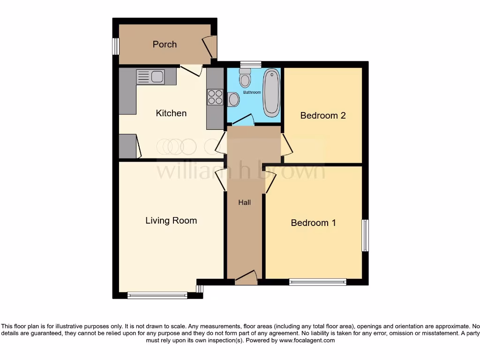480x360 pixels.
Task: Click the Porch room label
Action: click(x=165, y=45)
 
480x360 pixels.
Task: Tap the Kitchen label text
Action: click(x=171, y=113)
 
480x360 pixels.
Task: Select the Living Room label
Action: click(x=171, y=220)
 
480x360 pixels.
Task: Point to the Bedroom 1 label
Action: click(x=313, y=223)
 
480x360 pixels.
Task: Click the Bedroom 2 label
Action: click(x=323, y=115)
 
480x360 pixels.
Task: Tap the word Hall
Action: click(x=244, y=202)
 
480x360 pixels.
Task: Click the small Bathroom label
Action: click(x=252, y=92)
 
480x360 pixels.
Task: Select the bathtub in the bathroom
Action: click(x=271, y=93)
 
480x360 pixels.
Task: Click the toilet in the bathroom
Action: click(x=245, y=78)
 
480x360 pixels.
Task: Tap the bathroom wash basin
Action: click(x=233, y=99)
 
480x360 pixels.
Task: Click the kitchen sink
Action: click(x=150, y=76)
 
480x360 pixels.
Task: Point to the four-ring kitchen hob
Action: click(x=215, y=97)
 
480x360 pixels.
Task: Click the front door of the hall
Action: click(x=246, y=278)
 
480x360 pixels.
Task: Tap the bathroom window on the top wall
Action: click(x=251, y=65)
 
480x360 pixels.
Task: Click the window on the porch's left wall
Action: click(x=115, y=46)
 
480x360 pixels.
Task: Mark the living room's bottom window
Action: click(x=157, y=295)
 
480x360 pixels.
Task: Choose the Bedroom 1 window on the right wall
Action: click(x=365, y=235)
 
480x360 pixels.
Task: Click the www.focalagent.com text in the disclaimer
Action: click(x=307, y=341)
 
